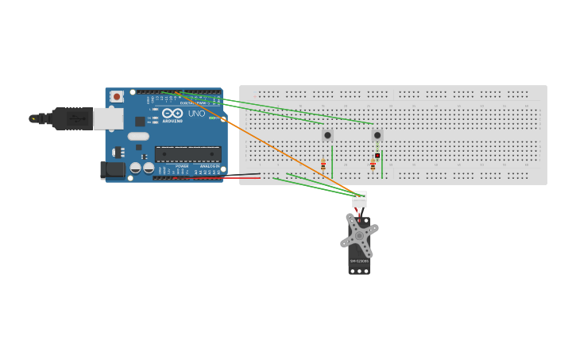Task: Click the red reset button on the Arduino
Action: [x=117, y=97]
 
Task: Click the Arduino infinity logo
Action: [x=172, y=114]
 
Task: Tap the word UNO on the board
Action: [x=196, y=114]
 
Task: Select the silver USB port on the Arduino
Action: [x=108, y=118]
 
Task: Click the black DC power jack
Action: [x=112, y=169]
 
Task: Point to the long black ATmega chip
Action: [x=187, y=154]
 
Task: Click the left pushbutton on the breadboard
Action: [x=327, y=135]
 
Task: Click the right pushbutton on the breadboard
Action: [x=377, y=135]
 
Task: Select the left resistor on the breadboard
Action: [x=323, y=165]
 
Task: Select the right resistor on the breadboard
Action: [x=373, y=165]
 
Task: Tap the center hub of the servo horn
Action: [x=359, y=235]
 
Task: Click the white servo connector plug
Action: [x=359, y=199]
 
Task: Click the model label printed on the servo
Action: [x=359, y=261]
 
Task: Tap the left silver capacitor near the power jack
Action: [x=136, y=168]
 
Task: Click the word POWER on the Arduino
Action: [x=182, y=166]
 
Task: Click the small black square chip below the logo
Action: [x=140, y=122]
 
